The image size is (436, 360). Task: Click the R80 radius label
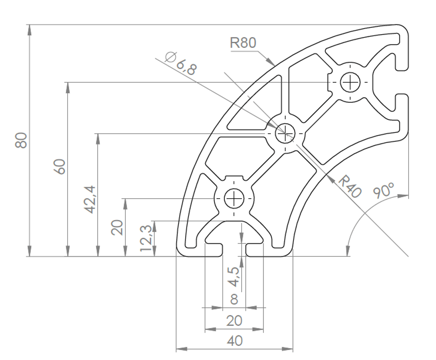(x=243, y=43)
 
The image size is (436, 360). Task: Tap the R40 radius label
(x=350, y=187)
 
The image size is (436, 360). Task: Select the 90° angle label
(x=384, y=190)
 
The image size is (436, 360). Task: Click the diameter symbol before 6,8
(x=170, y=56)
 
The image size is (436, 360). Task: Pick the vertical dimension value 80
(x=21, y=140)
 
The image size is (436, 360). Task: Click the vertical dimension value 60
(x=60, y=167)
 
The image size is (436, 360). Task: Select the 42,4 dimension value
(x=91, y=200)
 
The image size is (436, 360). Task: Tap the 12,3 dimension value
(x=146, y=238)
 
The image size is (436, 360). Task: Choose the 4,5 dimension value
(x=233, y=277)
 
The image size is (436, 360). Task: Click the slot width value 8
(x=234, y=299)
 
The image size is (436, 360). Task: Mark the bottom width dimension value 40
(x=234, y=341)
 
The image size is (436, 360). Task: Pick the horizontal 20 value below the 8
(x=234, y=321)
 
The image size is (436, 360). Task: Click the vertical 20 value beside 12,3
(x=117, y=227)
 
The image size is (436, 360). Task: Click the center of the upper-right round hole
(x=350, y=82)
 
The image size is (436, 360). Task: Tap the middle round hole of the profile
(x=285, y=133)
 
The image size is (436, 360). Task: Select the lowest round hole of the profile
(x=234, y=199)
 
